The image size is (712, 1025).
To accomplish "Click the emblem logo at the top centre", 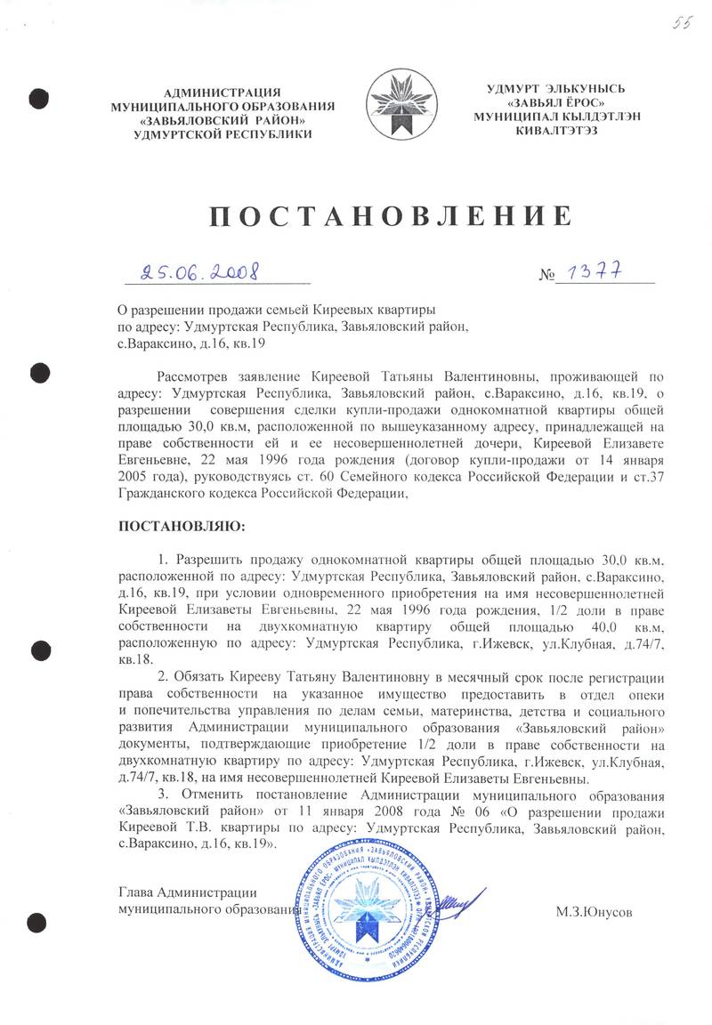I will tap(402, 106).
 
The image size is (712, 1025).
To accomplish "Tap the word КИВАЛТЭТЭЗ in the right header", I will tap(556, 130).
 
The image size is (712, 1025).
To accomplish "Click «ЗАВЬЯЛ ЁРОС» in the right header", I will tap(556, 102).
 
